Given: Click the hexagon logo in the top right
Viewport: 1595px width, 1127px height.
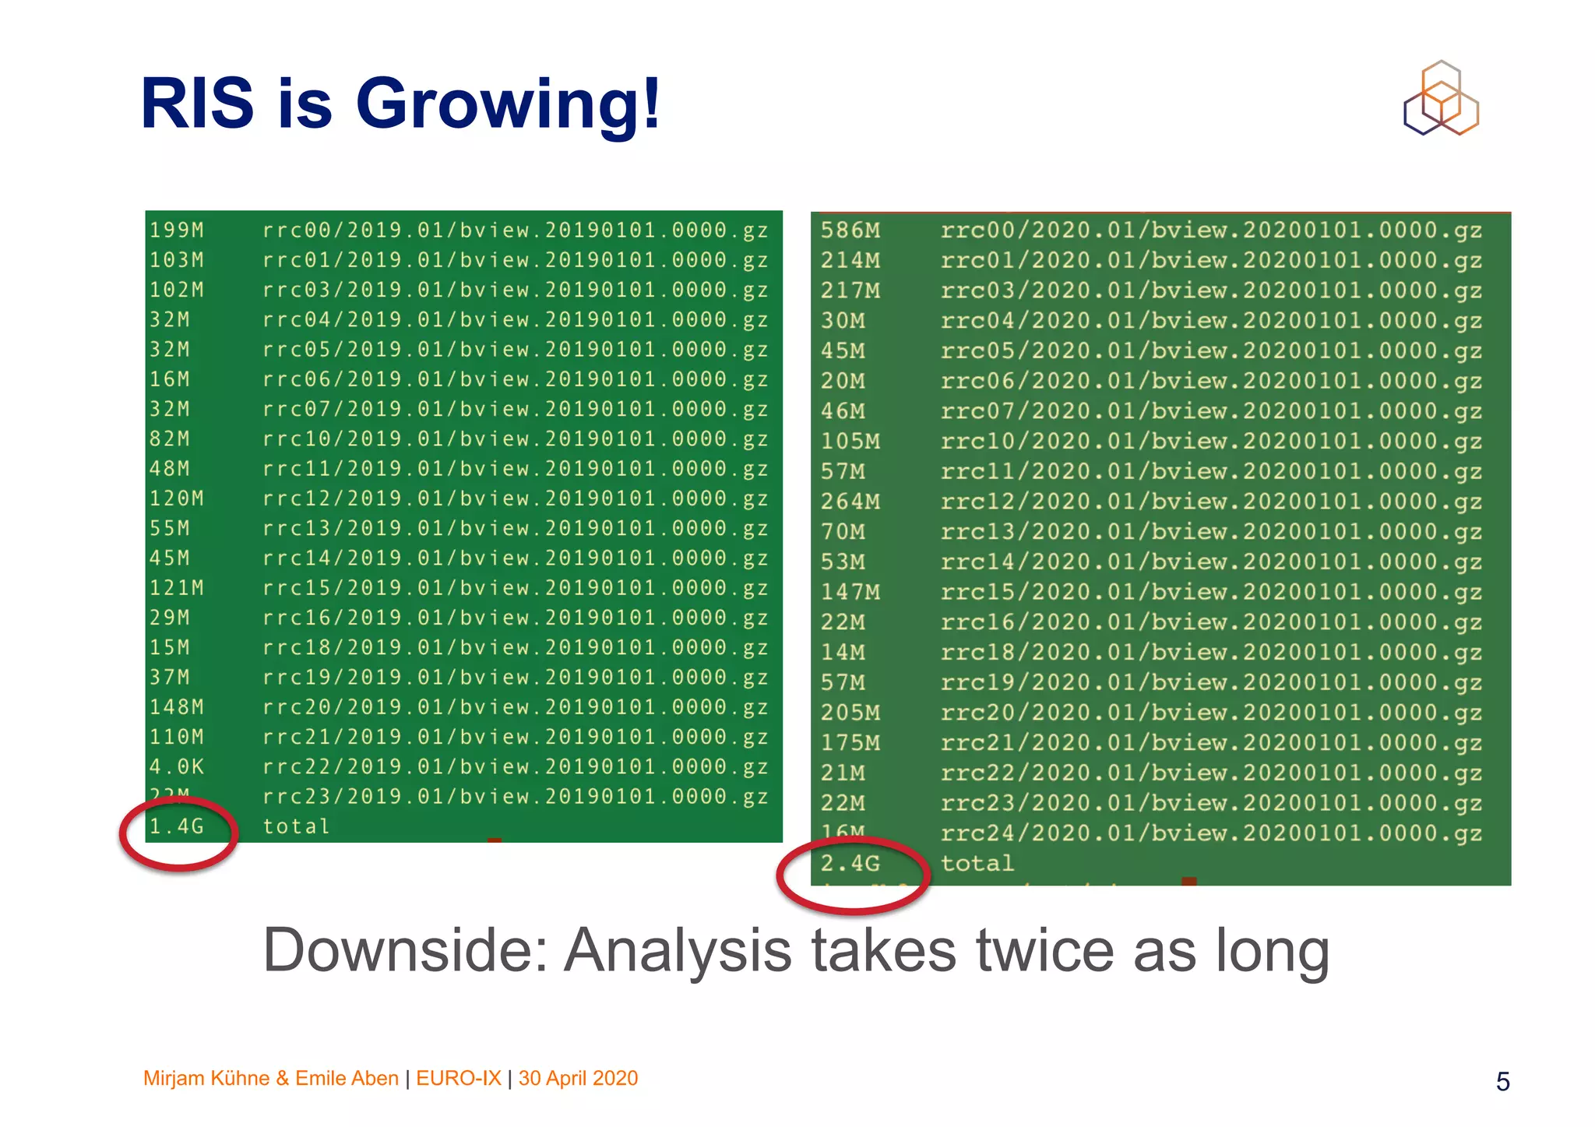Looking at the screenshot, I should (x=1441, y=99).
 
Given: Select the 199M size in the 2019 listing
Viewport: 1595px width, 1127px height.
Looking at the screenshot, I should (x=177, y=231).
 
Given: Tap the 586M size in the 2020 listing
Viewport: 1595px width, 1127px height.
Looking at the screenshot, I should (x=850, y=231).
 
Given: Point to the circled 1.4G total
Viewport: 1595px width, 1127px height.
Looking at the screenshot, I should (x=177, y=826).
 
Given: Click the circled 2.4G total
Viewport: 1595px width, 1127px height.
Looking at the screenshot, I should (x=850, y=864).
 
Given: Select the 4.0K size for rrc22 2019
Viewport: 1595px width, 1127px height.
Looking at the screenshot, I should (x=177, y=767).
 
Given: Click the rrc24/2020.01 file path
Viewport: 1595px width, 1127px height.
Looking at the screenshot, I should (x=1211, y=833).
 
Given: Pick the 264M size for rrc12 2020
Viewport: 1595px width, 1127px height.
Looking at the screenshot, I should (x=850, y=502).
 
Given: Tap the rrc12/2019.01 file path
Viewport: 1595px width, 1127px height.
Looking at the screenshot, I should (x=515, y=498).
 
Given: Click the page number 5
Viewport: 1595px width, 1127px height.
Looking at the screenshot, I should (x=1502, y=1082).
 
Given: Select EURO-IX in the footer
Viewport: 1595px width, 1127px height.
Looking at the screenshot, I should (x=458, y=1079).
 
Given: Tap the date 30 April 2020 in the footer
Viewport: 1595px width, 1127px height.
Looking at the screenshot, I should (x=578, y=1079).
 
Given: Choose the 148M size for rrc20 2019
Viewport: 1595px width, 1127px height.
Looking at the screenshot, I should (x=177, y=707).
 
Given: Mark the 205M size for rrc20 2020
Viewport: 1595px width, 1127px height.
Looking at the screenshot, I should (x=850, y=713).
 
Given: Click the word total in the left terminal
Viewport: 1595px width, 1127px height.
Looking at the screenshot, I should (x=296, y=826).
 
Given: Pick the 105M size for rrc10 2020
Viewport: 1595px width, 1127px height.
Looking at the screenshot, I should (x=850, y=442).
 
